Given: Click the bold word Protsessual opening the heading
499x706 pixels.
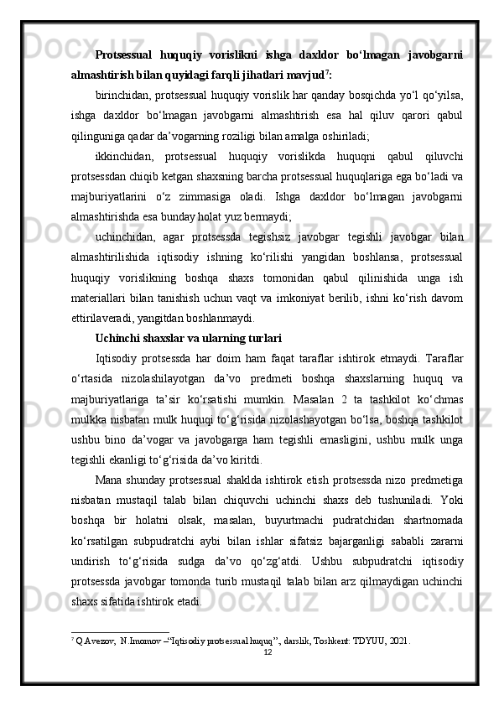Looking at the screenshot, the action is tap(123, 55).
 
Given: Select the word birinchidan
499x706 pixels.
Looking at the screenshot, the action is tap(123, 94).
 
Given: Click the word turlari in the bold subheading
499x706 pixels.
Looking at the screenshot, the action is tap(262, 338).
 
